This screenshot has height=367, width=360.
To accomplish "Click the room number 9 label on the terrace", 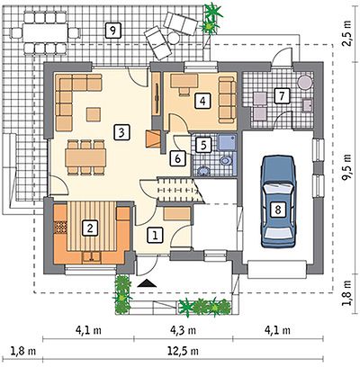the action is point(113,31).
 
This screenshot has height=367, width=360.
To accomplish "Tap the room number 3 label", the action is point(121,133).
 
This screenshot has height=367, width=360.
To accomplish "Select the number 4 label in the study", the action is point(202,101).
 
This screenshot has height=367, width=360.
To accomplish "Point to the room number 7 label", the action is point(282,96).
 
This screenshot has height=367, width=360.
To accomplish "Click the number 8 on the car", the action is point(278,210).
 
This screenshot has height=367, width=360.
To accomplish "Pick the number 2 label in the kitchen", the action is point(89,228).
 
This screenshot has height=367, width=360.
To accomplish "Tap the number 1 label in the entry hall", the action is point(155,235).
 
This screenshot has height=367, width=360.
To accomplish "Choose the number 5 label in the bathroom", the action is point(203,145).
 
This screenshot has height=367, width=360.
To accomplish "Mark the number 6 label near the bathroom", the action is point(177,158).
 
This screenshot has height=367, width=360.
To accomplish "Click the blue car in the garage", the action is point(278,201).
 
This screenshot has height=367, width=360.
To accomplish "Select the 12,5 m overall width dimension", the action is point(183,350).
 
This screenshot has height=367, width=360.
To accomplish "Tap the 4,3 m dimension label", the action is point(183,330).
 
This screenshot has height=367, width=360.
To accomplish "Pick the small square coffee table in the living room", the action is point(94,114).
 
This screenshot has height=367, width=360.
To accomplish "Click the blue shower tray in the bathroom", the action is point(227,142).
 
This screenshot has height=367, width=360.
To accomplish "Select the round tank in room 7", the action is point(305,81).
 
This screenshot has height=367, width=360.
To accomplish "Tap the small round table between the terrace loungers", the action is point(174,38).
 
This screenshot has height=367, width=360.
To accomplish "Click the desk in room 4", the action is point(184,81).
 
